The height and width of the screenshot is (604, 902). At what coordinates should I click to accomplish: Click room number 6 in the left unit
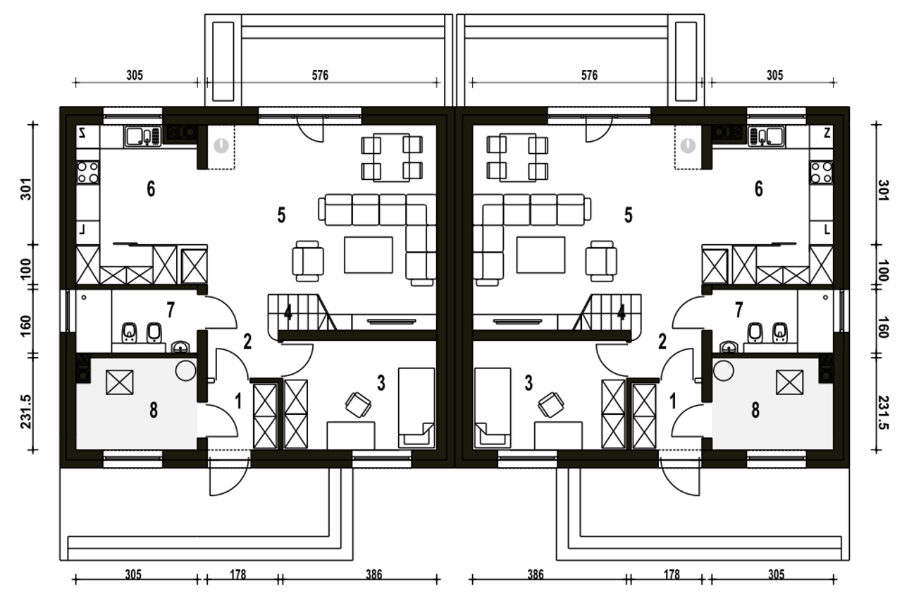[x=151, y=188]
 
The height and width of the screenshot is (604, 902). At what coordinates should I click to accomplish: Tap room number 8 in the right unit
[x=755, y=411]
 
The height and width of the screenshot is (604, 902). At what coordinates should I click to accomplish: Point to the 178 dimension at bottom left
[x=238, y=574]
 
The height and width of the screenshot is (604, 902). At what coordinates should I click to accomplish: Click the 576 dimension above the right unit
[x=589, y=75]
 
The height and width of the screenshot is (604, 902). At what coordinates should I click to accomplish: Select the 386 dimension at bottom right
[x=536, y=574]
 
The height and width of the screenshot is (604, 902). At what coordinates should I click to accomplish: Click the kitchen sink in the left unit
[x=142, y=136]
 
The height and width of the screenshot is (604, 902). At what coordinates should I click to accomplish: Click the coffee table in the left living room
[x=368, y=255]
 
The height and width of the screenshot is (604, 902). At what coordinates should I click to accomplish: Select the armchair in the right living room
[x=601, y=261]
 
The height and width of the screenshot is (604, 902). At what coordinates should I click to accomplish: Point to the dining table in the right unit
[x=517, y=157]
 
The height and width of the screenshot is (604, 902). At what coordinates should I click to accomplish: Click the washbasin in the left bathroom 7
[x=180, y=346]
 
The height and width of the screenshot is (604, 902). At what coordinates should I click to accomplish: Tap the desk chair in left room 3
[x=358, y=405]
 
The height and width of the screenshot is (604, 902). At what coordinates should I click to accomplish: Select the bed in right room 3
[x=493, y=408]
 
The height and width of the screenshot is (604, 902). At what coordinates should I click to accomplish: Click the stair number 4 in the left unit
[x=288, y=312]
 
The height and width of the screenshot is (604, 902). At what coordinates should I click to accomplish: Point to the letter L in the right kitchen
[x=827, y=230]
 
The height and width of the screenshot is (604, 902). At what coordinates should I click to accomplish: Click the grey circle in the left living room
[x=221, y=145]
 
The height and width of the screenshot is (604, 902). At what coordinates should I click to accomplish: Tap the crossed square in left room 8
[x=120, y=382]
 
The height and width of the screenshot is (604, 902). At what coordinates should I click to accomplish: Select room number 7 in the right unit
[x=739, y=310]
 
